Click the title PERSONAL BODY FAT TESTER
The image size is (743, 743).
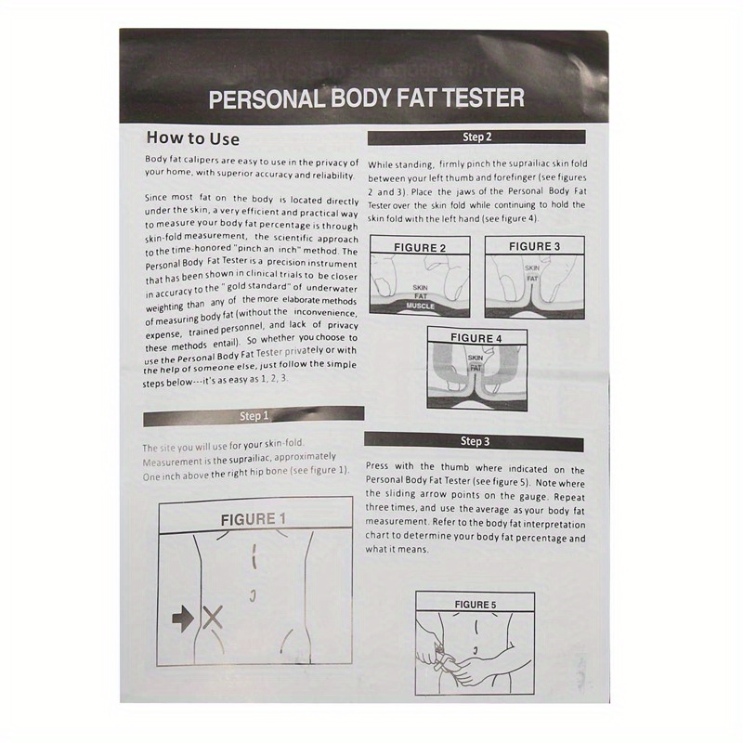pyautogui.click(x=366, y=98)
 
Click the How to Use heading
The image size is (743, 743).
pyautogui.click(x=193, y=139)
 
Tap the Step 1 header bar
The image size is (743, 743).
pyautogui.click(x=253, y=416)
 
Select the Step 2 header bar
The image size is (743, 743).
pyautogui.click(x=476, y=137)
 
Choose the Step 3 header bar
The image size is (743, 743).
pyautogui.click(x=474, y=441)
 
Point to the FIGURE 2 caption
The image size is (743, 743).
pyautogui.click(x=420, y=248)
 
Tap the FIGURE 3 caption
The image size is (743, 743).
pyautogui.click(x=534, y=247)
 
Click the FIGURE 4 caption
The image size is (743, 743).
pyautogui.click(x=476, y=339)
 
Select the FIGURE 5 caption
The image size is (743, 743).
pyautogui.click(x=475, y=605)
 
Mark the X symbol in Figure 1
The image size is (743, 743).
pyautogui.click(x=214, y=617)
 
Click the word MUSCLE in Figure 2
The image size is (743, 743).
pyautogui.click(x=421, y=305)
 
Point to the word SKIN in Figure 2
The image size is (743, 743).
pyautogui.click(x=420, y=288)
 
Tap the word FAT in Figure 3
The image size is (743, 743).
pyautogui.click(x=532, y=278)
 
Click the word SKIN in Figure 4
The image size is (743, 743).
pyautogui.click(x=476, y=358)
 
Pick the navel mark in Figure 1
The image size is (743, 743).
pyautogui.click(x=252, y=593)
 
